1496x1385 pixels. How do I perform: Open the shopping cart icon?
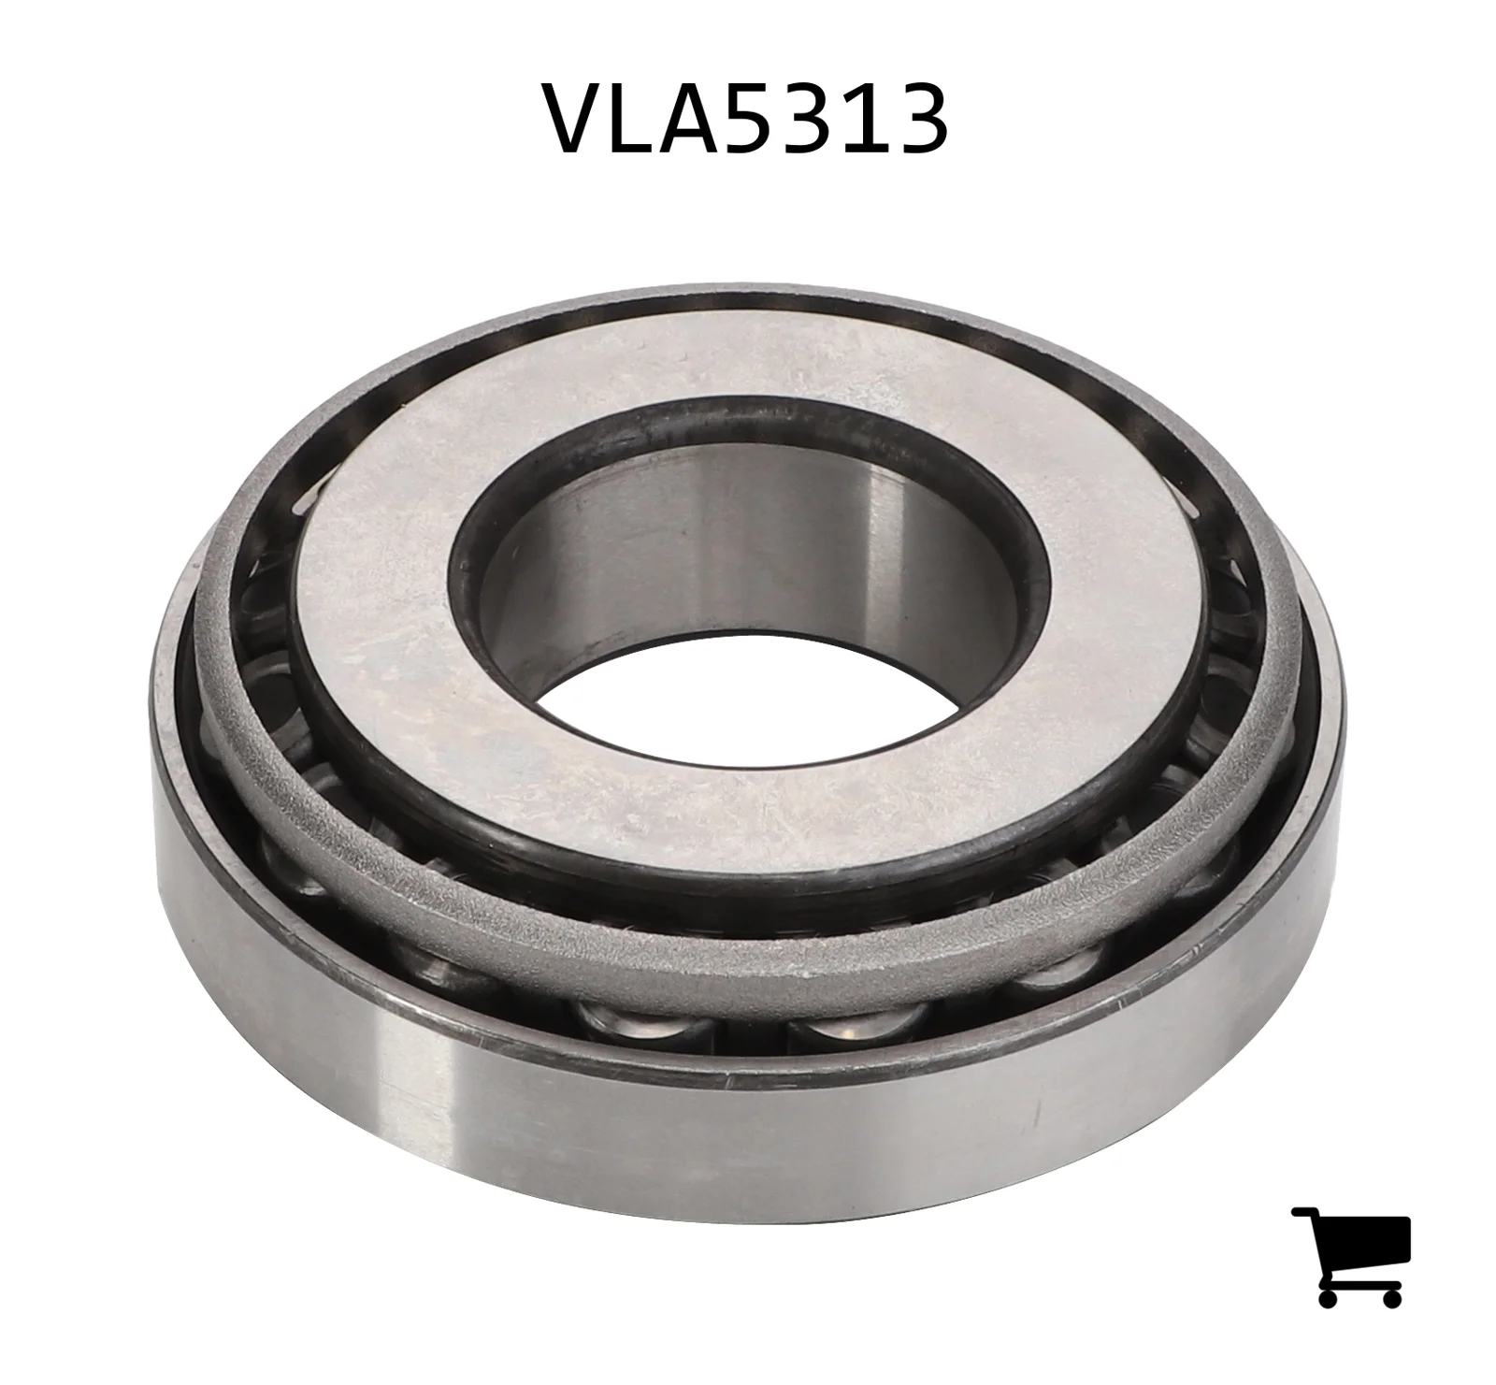coord(1351,1255)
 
